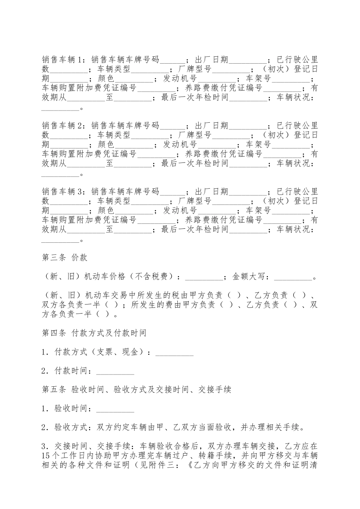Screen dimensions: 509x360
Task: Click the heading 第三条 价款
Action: coord(64,258)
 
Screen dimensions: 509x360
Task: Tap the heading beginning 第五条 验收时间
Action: coord(136,389)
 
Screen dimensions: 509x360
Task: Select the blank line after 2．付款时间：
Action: coord(115,372)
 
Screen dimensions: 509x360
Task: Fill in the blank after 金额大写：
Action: coord(292,278)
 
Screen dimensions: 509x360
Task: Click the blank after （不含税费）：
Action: coord(204,278)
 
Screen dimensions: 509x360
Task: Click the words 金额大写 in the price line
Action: coord(248,277)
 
